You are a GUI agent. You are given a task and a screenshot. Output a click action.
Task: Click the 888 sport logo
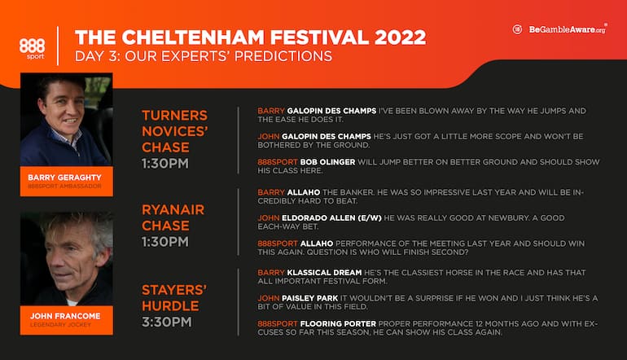[x=32, y=47]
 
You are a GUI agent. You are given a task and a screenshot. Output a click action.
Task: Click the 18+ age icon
[x=517, y=29]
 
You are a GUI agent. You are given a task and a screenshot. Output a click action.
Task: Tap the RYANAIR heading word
[x=173, y=209]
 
